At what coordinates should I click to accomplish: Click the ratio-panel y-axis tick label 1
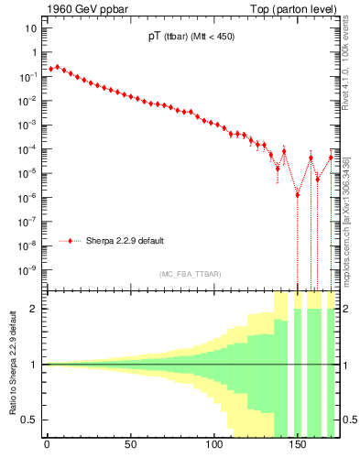[34, 365]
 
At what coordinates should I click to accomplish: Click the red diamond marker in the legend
[71, 241]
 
